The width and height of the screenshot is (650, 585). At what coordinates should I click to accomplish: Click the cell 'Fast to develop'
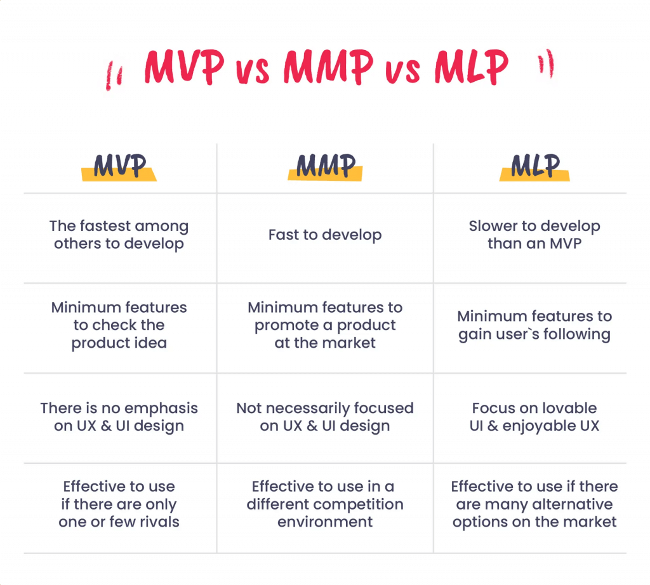tap(325, 235)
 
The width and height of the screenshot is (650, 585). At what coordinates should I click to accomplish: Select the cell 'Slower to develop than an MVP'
tap(534, 235)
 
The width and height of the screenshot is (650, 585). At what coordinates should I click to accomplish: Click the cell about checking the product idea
tap(119, 325)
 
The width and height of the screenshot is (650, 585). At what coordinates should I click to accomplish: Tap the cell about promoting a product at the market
tap(325, 325)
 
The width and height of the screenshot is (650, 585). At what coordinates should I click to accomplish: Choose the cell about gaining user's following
tap(534, 325)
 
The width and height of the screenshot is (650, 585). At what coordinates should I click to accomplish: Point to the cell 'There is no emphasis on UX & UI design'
tap(119, 417)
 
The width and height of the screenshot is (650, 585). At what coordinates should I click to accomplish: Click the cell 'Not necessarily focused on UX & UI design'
tap(325, 417)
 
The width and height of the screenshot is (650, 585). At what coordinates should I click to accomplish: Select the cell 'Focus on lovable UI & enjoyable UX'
tap(534, 417)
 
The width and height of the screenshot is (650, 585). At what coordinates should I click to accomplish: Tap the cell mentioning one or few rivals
tap(119, 504)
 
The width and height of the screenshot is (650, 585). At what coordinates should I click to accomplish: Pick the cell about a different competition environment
tap(325, 504)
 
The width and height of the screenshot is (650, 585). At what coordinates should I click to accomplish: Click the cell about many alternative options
tap(534, 504)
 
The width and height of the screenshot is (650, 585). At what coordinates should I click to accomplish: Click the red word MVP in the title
tap(183, 67)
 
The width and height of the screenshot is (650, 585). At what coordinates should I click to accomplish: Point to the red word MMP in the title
tap(328, 67)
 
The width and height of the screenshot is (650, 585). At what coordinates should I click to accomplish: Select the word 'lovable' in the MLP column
tap(565, 408)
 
